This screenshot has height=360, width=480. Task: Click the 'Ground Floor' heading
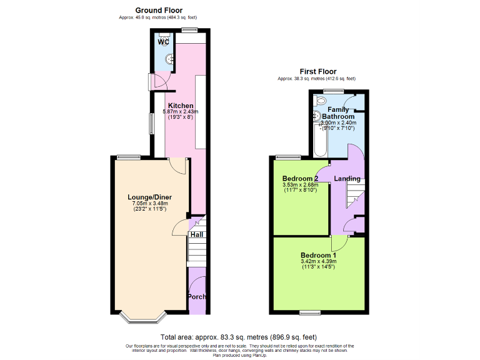click(159, 10)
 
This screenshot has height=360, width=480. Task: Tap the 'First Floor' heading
click(316, 71)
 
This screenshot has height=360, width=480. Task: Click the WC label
click(164, 42)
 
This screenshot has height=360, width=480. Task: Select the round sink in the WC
click(169, 60)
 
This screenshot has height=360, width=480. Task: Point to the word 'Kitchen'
click(180, 106)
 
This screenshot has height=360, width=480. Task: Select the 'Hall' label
click(197, 235)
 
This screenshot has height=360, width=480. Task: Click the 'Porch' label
click(197, 296)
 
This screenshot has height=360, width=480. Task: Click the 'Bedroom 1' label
click(318, 255)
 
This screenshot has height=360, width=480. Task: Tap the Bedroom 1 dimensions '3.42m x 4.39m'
click(318, 261)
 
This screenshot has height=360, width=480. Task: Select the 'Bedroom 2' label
click(300, 179)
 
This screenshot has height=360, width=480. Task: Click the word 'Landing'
click(347, 179)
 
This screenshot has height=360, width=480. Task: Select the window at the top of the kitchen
click(190, 29)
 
